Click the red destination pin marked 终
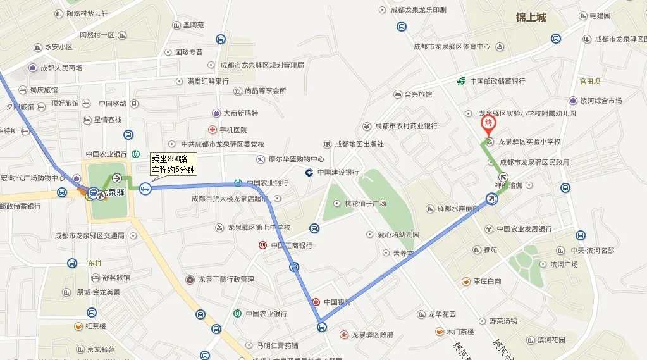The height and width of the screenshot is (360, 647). coord(489,123)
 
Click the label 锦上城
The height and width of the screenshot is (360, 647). coord(530,18)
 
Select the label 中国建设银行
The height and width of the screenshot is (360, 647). coord(338,172)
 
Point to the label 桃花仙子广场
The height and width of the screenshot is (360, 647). coord(365,204)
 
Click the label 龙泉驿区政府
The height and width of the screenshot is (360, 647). coord(373,334)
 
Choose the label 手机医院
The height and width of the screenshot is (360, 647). coord(232,130)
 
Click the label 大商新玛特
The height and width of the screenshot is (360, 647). coord(241,113)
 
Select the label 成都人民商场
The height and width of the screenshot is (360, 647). coord(61,68)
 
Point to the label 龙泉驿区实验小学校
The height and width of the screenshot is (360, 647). coord(529,142)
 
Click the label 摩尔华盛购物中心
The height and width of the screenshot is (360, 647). coord(296,159)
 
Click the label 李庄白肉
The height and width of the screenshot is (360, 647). coord(487,281)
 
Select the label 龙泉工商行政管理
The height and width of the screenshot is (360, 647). coord(226,280)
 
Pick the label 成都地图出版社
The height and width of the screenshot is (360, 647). coord(359,144)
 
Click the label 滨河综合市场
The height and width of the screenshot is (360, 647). coord(601,101)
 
